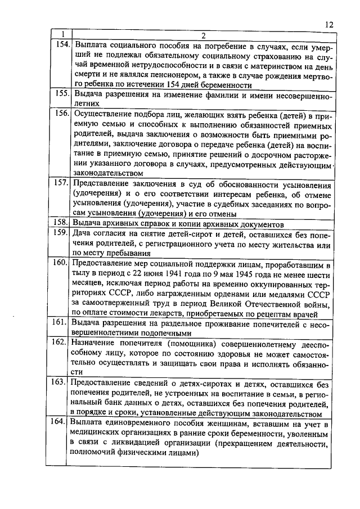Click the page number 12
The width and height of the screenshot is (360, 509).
pyautogui.click(x=329, y=25)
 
